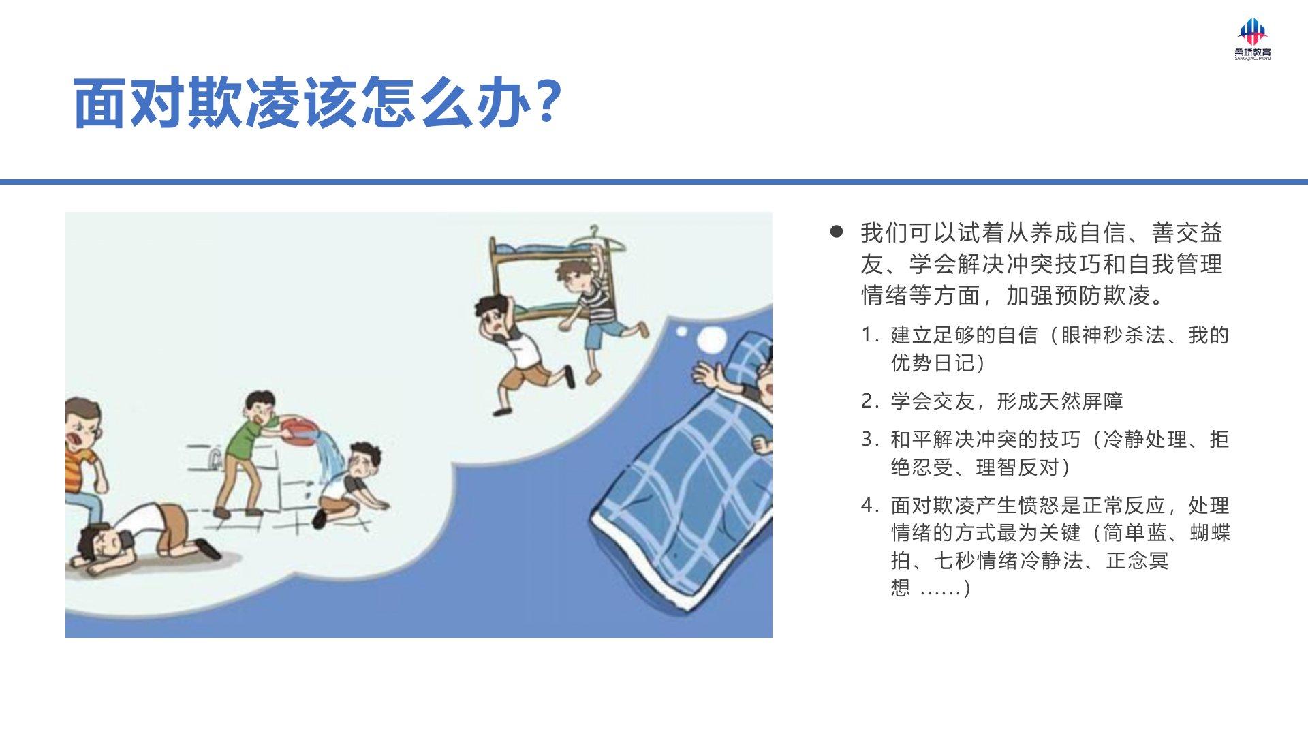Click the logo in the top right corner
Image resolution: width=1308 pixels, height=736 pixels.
click(1253, 40)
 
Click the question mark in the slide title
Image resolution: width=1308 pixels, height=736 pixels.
click(546, 102)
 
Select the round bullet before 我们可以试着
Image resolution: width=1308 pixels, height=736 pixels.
click(837, 232)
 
